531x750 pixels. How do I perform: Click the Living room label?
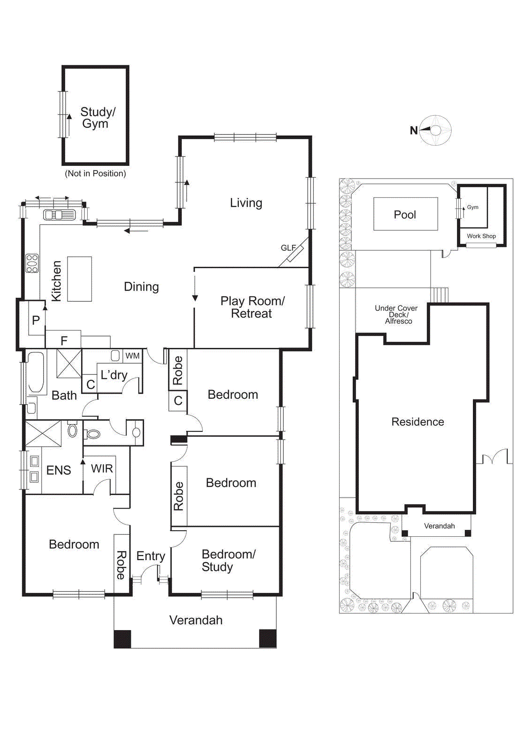[246, 203]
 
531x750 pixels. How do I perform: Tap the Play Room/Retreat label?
[252, 307]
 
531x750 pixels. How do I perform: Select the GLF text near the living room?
[288, 247]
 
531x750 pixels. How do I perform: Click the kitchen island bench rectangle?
[79, 278]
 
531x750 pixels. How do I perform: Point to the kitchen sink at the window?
[59, 215]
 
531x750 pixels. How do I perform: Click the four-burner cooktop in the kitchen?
[32, 263]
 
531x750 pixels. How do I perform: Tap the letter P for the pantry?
[36, 321]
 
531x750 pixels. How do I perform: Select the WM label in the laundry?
[132, 356]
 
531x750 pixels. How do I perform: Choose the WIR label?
[102, 468]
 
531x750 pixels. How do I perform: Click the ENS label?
[59, 470]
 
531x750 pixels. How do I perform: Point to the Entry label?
[151, 556]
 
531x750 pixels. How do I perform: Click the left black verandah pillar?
[122, 638]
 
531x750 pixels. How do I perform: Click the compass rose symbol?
[436, 130]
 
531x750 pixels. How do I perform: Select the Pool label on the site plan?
[405, 215]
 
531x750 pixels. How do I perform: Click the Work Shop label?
[481, 236]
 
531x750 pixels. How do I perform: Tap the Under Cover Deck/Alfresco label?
[396, 315]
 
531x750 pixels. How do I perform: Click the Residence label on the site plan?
[417, 422]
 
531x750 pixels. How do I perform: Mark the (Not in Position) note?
[95, 173]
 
